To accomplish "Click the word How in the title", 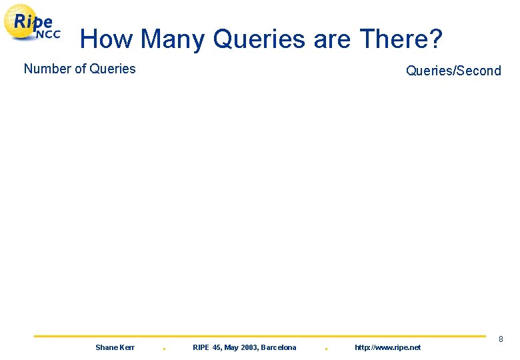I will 107,39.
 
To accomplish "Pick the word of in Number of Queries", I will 80,69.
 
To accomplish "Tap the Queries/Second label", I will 453,71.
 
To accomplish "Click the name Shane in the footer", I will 107,347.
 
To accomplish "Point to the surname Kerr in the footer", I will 127,347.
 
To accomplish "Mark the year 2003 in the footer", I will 250,347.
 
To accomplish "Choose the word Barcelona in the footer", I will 279,347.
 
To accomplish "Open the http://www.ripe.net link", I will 387,347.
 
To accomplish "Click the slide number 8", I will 501,340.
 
